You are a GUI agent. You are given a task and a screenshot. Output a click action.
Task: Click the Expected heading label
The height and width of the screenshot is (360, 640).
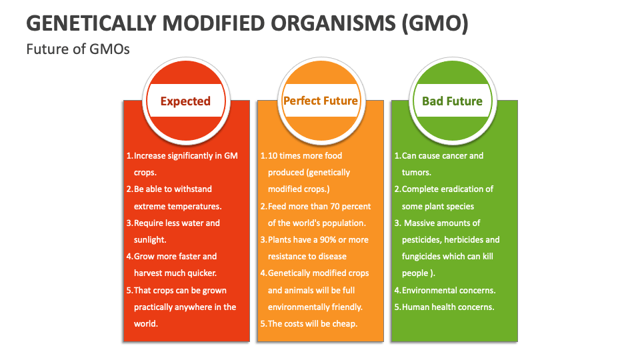pyautogui.click(x=185, y=101)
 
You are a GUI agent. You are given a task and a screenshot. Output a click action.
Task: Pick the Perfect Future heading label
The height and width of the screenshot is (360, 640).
pyautogui.click(x=321, y=101)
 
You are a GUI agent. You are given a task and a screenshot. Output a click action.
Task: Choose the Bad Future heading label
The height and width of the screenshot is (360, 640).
pyautogui.click(x=452, y=101)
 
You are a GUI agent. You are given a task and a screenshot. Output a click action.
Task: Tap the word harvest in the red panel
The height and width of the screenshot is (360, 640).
pyautogui.click(x=149, y=273)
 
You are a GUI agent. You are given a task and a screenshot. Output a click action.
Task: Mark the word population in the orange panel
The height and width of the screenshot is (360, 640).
pyautogui.click(x=342, y=223)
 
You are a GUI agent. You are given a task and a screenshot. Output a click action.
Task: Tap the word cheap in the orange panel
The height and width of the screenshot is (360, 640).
pyautogui.click(x=344, y=323)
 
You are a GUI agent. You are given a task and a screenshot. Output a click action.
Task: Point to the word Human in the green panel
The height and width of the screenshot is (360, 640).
pyautogui.click(x=416, y=307)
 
